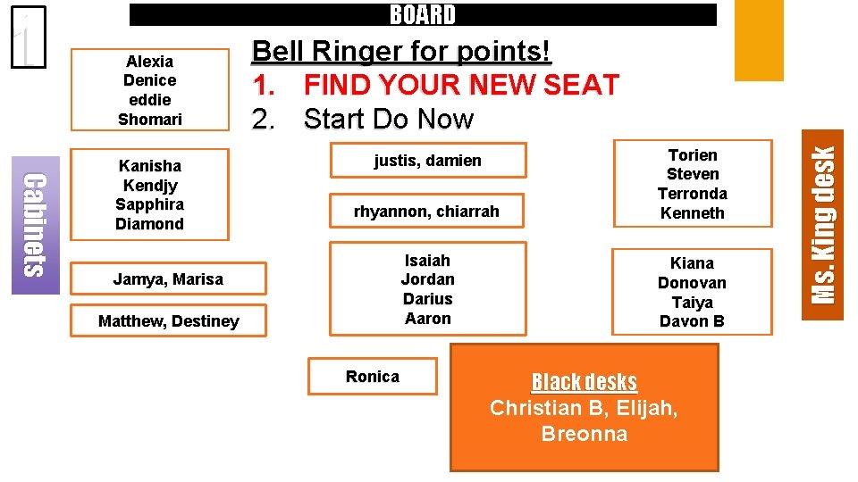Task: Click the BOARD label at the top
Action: click(x=423, y=14)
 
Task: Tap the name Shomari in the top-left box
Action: click(x=150, y=119)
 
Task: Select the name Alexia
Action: click(x=150, y=61)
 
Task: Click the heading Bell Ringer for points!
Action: click(x=401, y=51)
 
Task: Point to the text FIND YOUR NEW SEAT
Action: click(x=461, y=85)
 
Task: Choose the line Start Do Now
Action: click(x=388, y=119)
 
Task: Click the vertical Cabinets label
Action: click(x=35, y=224)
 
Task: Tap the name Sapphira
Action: click(x=150, y=204)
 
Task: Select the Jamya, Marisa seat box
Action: click(x=168, y=279)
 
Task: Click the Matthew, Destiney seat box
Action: click(x=168, y=320)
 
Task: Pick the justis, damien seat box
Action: click(x=427, y=161)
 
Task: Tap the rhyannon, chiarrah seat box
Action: click(x=426, y=212)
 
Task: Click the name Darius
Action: click(x=427, y=299)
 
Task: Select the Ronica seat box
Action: click(x=373, y=376)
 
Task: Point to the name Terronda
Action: click(x=692, y=194)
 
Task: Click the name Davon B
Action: click(x=692, y=321)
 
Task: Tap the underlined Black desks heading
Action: click(x=584, y=382)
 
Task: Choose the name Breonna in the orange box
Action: click(x=584, y=435)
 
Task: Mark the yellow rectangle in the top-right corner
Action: click(x=758, y=40)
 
